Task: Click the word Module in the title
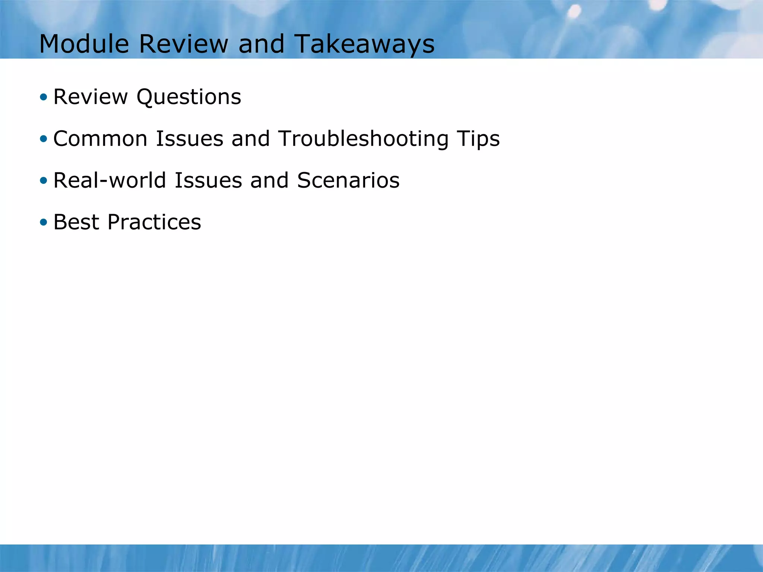pyautogui.click(x=84, y=44)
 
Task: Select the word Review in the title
pyautogui.click(x=183, y=44)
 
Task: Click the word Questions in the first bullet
pyautogui.click(x=189, y=97)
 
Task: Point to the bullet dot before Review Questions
pyautogui.click(x=44, y=98)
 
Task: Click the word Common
pyautogui.click(x=100, y=139)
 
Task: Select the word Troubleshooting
pyautogui.click(x=363, y=139)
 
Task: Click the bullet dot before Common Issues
pyautogui.click(x=44, y=139)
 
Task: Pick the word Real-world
pyautogui.click(x=110, y=181)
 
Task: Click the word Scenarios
pyautogui.click(x=348, y=181)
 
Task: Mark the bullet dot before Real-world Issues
pyautogui.click(x=44, y=181)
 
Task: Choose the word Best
pyautogui.click(x=76, y=222)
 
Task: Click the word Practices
pyautogui.click(x=154, y=222)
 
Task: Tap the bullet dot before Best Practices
pyautogui.click(x=44, y=223)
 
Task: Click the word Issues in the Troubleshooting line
pyautogui.click(x=189, y=139)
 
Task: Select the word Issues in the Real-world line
pyautogui.click(x=208, y=181)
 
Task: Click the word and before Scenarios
pyautogui.click(x=269, y=181)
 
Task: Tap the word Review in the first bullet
pyautogui.click(x=91, y=97)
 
